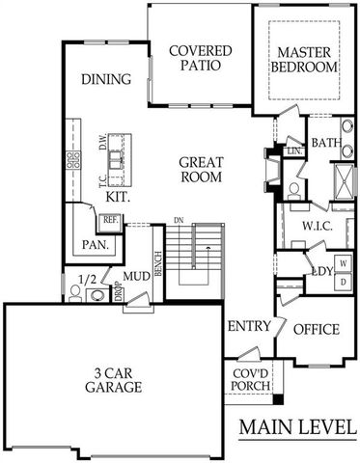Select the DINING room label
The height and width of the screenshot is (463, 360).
(105, 79)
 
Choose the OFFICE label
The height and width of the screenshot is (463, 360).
(316, 330)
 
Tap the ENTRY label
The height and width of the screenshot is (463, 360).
(248, 327)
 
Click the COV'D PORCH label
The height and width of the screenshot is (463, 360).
(250, 380)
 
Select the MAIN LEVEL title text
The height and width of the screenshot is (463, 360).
(297, 425)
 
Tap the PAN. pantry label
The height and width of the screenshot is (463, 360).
(98, 245)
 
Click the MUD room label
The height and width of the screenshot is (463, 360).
(136, 277)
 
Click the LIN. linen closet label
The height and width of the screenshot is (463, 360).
(294, 150)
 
